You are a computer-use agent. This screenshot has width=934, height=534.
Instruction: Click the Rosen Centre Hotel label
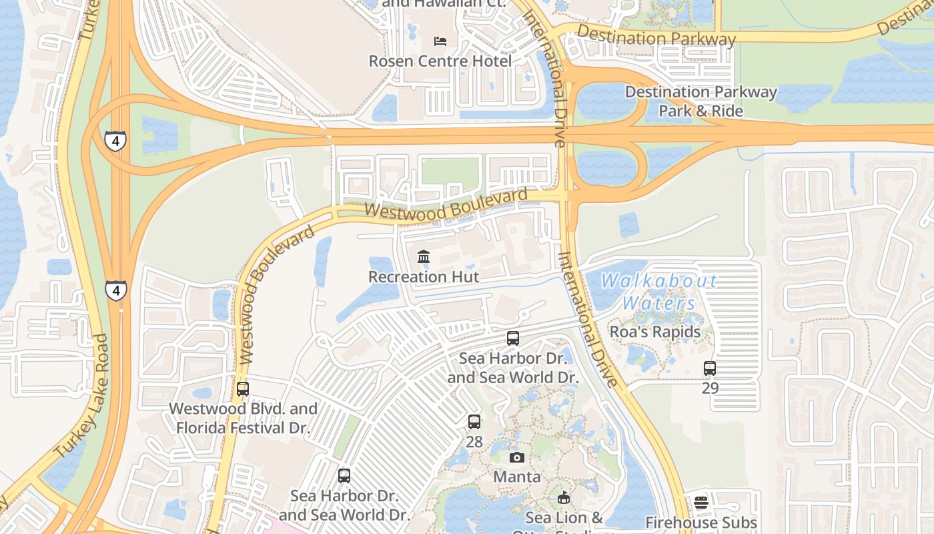(x=440, y=61)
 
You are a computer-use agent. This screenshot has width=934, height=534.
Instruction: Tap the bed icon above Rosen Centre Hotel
(x=440, y=41)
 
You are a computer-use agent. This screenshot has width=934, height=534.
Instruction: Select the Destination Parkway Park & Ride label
(x=700, y=101)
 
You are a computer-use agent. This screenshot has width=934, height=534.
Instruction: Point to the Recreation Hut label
(x=424, y=276)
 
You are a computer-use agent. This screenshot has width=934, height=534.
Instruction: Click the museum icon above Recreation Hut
(x=424, y=257)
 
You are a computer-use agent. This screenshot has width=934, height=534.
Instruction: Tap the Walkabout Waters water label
(x=659, y=292)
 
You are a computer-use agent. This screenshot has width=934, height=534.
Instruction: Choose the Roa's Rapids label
(x=655, y=332)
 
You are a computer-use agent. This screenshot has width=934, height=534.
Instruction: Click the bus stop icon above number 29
(x=710, y=368)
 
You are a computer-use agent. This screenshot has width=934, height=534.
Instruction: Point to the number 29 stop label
(x=710, y=387)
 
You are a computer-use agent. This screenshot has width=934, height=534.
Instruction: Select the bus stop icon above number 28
(x=474, y=422)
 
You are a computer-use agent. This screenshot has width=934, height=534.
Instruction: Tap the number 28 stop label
(x=474, y=441)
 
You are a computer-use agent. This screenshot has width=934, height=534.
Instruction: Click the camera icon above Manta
(x=517, y=457)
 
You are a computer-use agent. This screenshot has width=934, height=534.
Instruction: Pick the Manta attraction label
(x=517, y=477)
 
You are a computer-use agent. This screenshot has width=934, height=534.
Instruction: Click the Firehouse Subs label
(x=701, y=523)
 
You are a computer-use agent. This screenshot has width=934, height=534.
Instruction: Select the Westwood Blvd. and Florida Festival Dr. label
(x=243, y=418)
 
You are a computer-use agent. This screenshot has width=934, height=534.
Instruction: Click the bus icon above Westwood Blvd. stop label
(x=243, y=389)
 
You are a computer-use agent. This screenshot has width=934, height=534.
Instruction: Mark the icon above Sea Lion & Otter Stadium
(x=564, y=498)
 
